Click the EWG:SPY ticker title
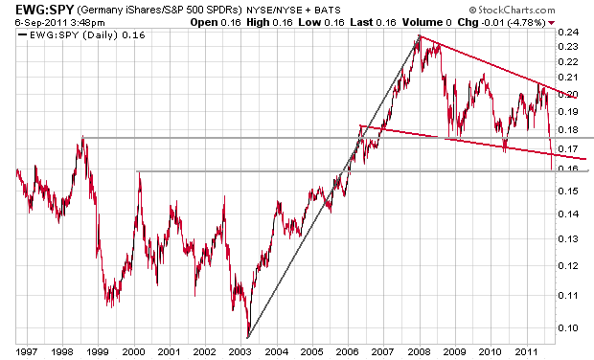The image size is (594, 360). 44,9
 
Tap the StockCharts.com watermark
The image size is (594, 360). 513,10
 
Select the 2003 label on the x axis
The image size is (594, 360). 240,352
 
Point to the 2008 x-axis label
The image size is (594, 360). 420,352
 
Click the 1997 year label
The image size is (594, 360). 27,352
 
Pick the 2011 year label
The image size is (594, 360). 527,352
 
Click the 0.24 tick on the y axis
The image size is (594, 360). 569,33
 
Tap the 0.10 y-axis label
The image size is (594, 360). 569,327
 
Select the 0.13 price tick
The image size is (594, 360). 569,238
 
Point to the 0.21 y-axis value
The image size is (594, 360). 569,78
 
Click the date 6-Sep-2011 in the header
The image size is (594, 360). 41,23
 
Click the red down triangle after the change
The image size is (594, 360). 551,23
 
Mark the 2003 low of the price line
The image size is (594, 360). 248,336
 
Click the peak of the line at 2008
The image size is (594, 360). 420,36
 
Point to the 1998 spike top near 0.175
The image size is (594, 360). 83,136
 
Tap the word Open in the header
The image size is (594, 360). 204,22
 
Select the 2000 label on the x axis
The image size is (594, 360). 134,352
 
